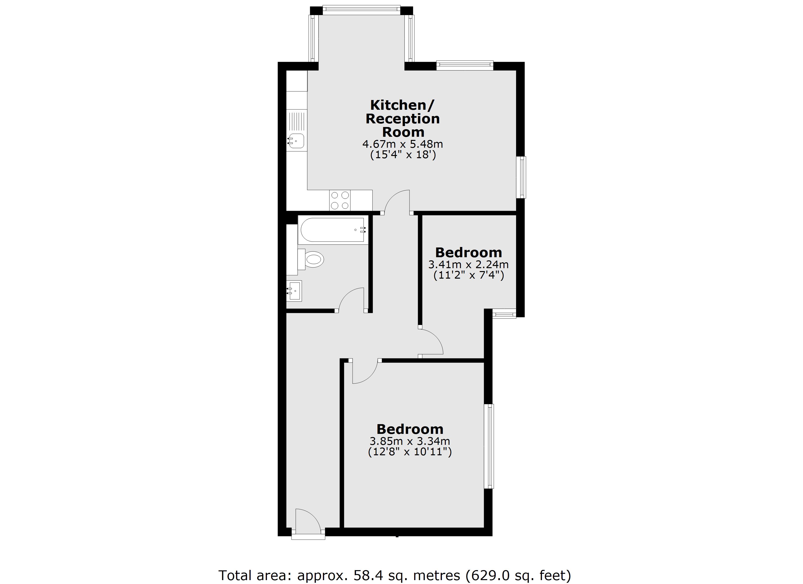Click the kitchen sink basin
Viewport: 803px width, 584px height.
pyautogui.click(x=297, y=141)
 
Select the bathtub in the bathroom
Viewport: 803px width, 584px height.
pyautogui.click(x=332, y=230)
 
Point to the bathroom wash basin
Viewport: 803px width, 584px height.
pyautogui.click(x=295, y=291)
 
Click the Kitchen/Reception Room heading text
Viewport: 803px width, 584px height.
pyautogui.click(x=402, y=118)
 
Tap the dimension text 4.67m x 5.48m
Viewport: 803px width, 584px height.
pyautogui.click(x=402, y=144)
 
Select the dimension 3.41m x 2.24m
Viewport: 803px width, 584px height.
pyautogui.click(x=468, y=265)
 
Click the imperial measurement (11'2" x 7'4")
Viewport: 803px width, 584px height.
pyautogui.click(x=468, y=275)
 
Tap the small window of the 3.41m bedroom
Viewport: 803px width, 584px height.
pyautogui.click(x=504, y=314)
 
